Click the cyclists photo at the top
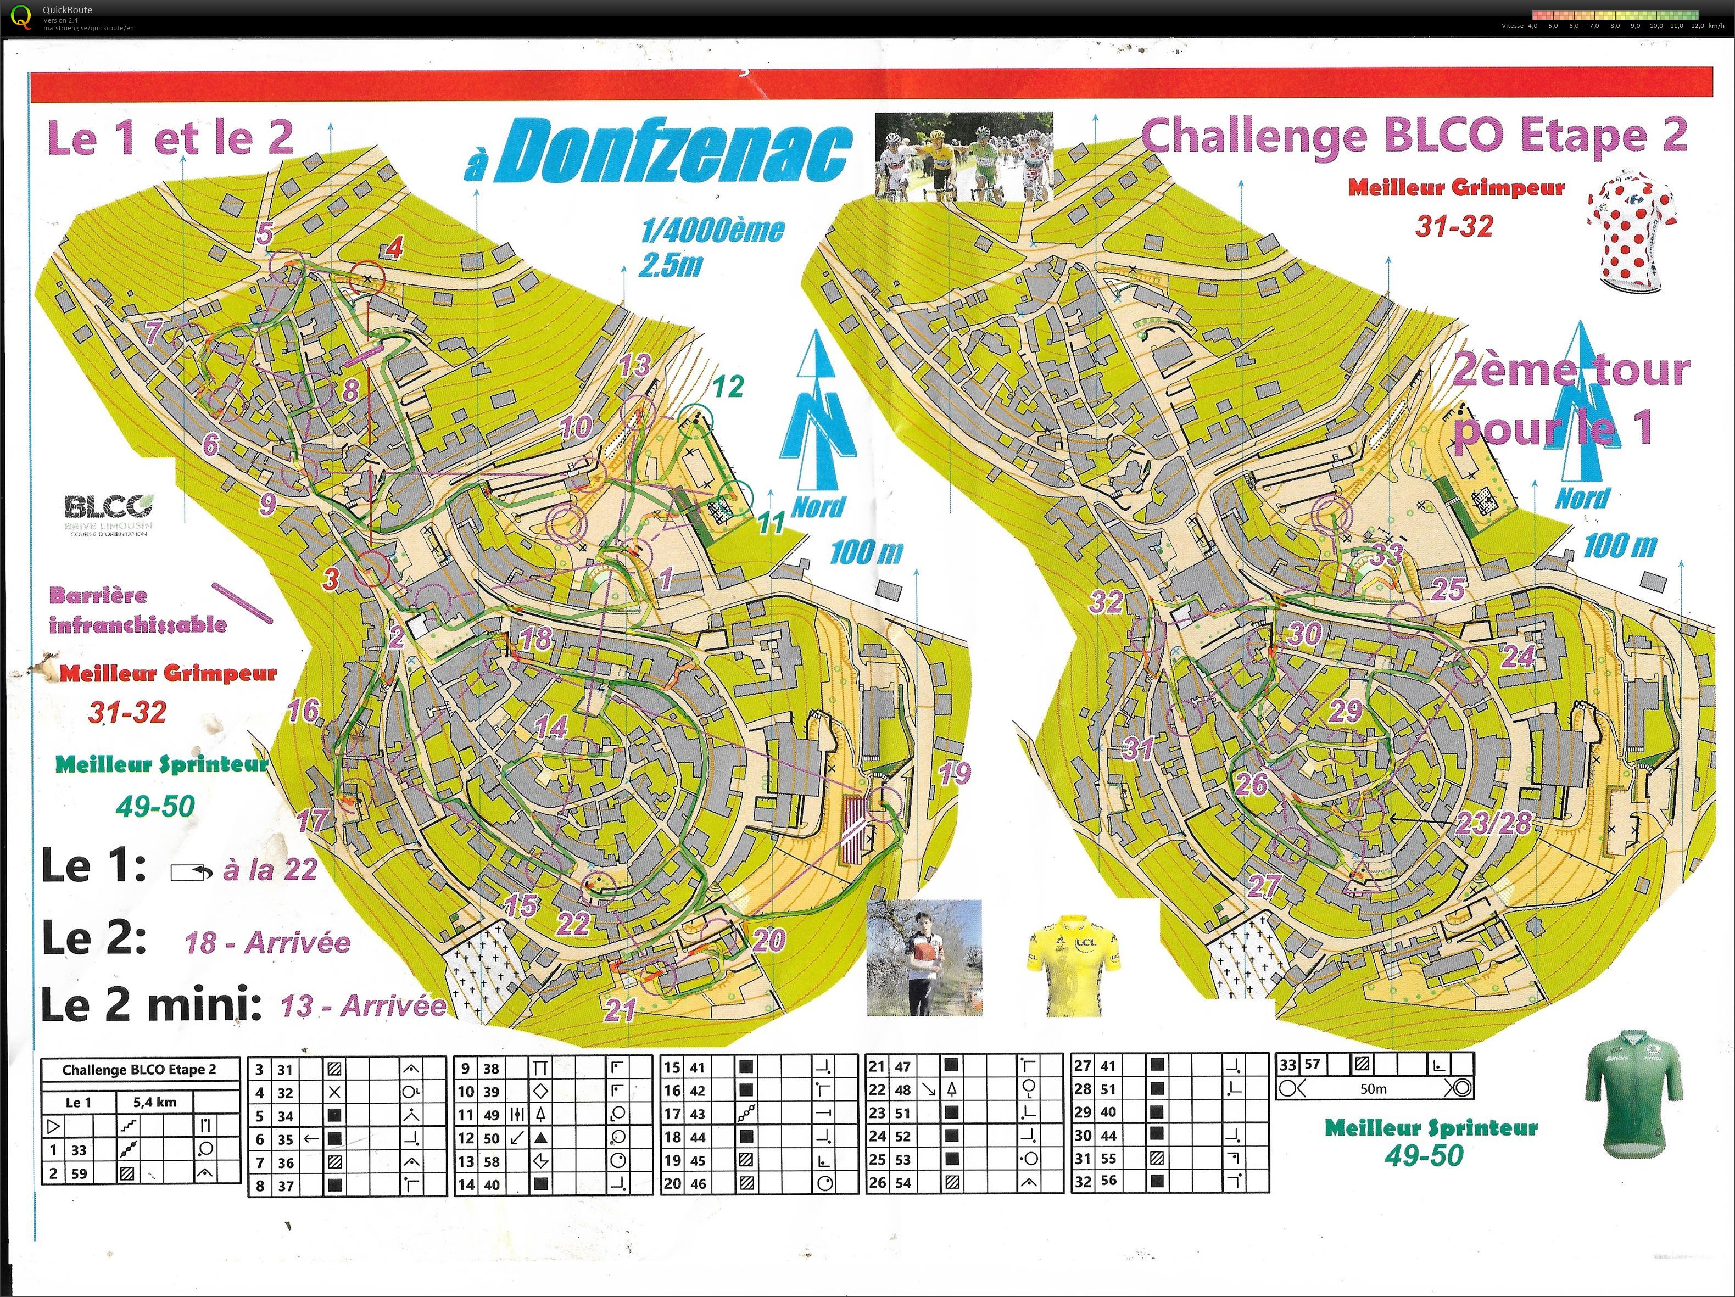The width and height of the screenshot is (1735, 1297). [x=963, y=157]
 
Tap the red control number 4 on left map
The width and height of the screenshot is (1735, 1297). [x=394, y=249]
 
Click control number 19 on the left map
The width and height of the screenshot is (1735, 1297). [x=955, y=773]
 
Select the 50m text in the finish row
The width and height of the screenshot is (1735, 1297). [x=1374, y=1088]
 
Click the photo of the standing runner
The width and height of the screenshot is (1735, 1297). [x=924, y=958]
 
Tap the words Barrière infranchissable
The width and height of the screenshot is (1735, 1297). [x=137, y=610]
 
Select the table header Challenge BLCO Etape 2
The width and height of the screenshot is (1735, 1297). [x=140, y=1070]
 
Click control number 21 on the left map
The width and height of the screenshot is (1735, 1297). [x=620, y=1009]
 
